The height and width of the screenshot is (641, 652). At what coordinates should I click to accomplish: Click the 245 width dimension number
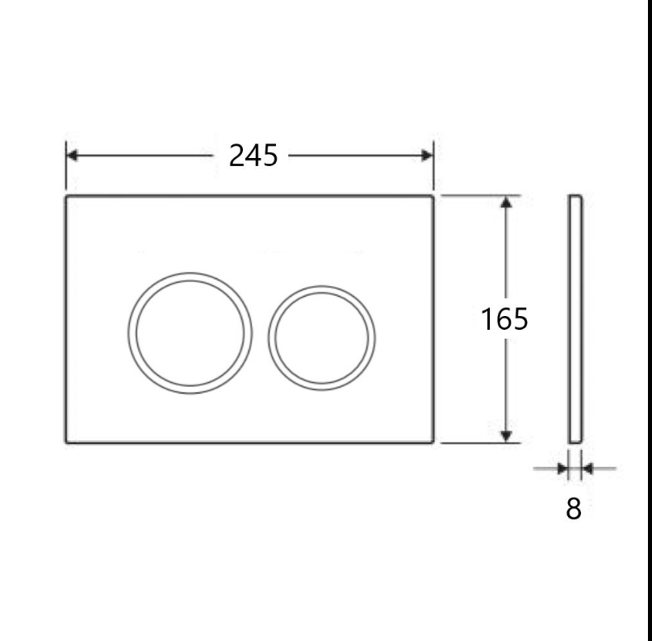[x=253, y=156]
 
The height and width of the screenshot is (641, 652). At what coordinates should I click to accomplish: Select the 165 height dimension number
[x=504, y=319]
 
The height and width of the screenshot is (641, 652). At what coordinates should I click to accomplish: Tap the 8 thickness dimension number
[x=574, y=509]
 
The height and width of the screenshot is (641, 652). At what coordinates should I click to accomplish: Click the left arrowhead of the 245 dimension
[x=72, y=156]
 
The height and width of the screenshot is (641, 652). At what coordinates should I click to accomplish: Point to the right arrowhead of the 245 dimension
[x=428, y=156]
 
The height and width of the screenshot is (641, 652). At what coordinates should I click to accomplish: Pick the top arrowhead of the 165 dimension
[x=506, y=202]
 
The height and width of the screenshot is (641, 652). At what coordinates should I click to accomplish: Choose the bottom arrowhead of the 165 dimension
[x=506, y=435]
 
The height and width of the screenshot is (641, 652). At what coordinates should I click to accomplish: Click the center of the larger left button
[x=190, y=333]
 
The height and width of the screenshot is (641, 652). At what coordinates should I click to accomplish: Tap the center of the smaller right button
[x=321, y=338]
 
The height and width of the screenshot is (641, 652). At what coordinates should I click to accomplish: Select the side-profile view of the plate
[x=575, y=319]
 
